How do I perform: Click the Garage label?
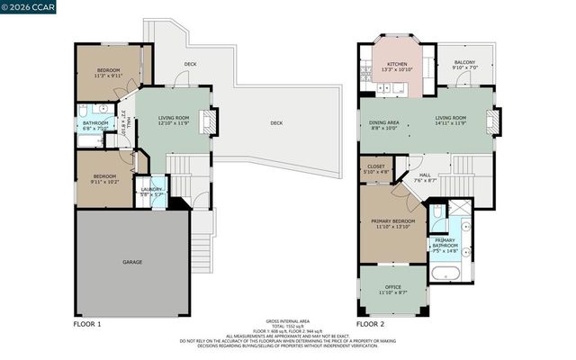[x=132, y=262]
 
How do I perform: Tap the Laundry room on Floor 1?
[x=151, y=191]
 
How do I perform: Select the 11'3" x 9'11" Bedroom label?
[x=109, y=72]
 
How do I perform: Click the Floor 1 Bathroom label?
[x=95, y=124]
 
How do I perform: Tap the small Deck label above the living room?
[x=190, y=64]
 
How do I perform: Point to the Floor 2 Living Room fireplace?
[x=491, y=121]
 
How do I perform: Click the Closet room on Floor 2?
[x=376, y=168]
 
